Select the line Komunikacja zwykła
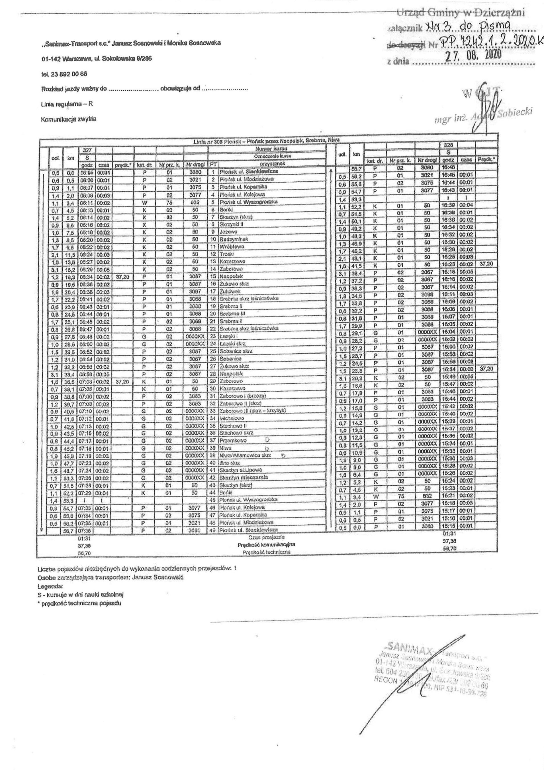[x=69, y=119]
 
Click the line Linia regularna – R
[x=67, y=104]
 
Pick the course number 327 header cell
[x=87, y=150]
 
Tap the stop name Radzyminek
[x=232, y=239]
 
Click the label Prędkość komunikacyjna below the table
[x=266, y=544]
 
